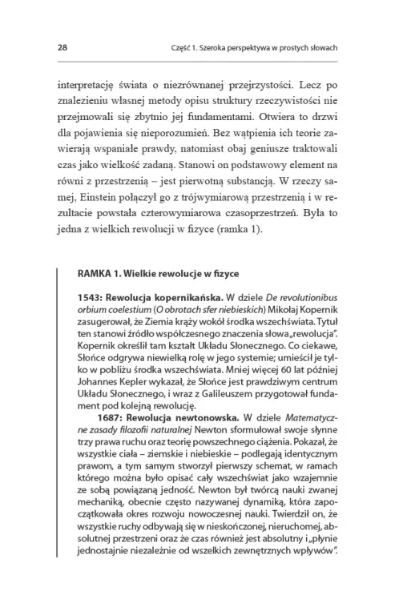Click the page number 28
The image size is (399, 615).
62,48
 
